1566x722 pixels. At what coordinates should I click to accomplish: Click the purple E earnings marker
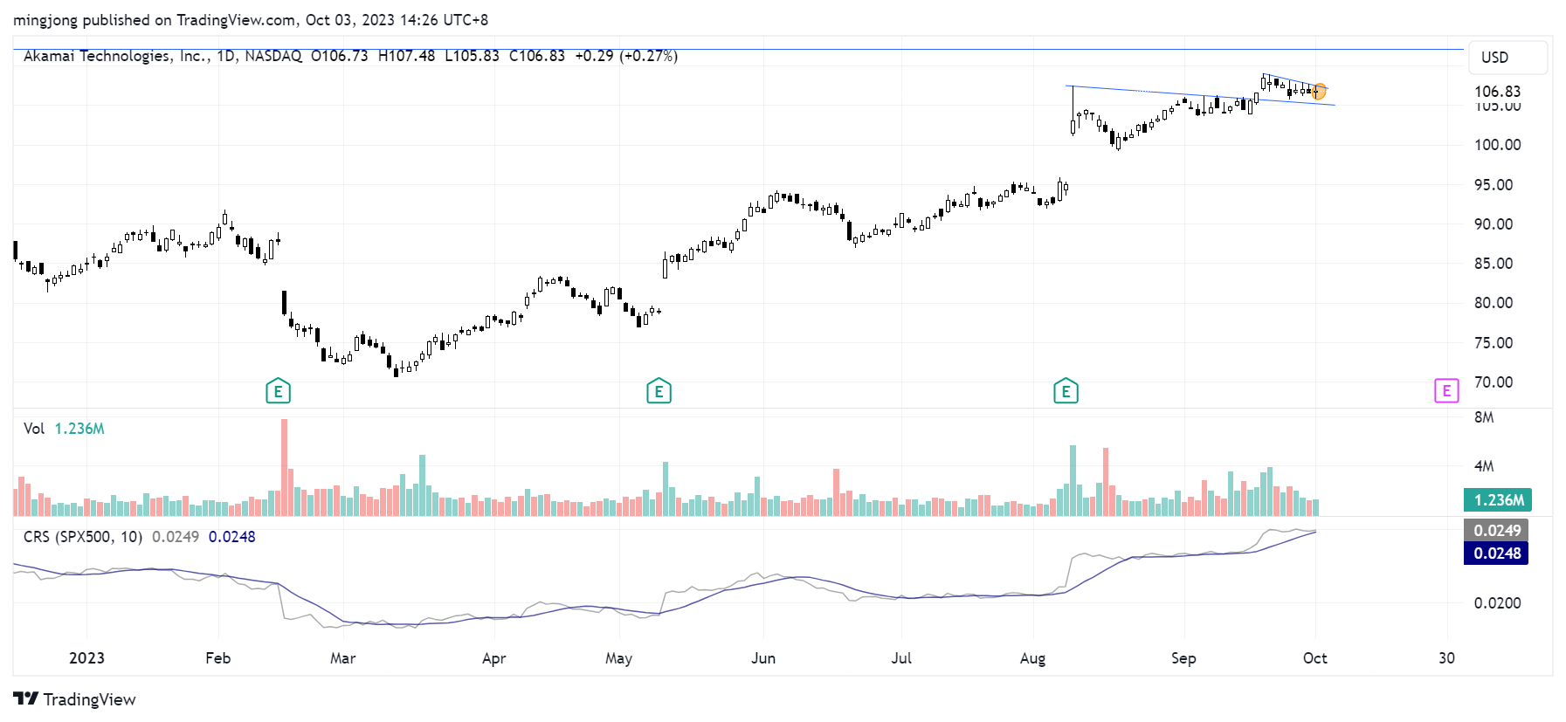pyautogui.click(x=1446, y=391)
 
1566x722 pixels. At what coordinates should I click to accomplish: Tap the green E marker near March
pyautogui.click(x=278, y=391)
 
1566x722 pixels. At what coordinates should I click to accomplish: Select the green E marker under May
pyautogui.click(x=659, y=391)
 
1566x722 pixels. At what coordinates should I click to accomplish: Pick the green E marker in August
pyautogui.click(x=1066, y=391)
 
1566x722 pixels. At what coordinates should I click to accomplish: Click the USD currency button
pyautogui.click(x=1494, y=58)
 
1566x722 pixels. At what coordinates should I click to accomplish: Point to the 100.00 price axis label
pyautogui.click(x=1497, y=145)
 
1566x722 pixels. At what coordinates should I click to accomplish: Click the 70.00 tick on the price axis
pyautogui.click(x=1494, y=382)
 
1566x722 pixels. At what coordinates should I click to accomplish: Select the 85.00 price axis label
pyautogui.click(x=1494, y=264)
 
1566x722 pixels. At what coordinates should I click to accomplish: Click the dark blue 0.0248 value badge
pyautogui.click(x=1497, y=554)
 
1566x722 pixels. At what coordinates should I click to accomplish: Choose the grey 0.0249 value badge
pyautogui.click(x=1497, y=531)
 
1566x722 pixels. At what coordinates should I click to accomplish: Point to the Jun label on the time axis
pyautogui.click(x=763, y=658)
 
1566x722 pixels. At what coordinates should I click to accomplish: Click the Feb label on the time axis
pyautogui.click(x=217, y=658)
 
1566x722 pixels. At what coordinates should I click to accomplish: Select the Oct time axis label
pyautogui.click(x=1314, y=658)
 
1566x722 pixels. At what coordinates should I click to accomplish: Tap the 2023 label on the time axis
pyautogui.click(x=86, y=658)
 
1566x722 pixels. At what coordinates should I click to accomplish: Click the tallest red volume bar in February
pyautogui.click(x=284, y=467)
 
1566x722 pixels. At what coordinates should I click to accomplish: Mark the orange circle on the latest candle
pyautogui.click(x=1319, y=91)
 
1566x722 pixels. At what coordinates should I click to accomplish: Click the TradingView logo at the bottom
pyautogui.click(x=75, y=699)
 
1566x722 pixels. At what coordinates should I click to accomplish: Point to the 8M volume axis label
pyautogui.click(x=1484, y=417)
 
